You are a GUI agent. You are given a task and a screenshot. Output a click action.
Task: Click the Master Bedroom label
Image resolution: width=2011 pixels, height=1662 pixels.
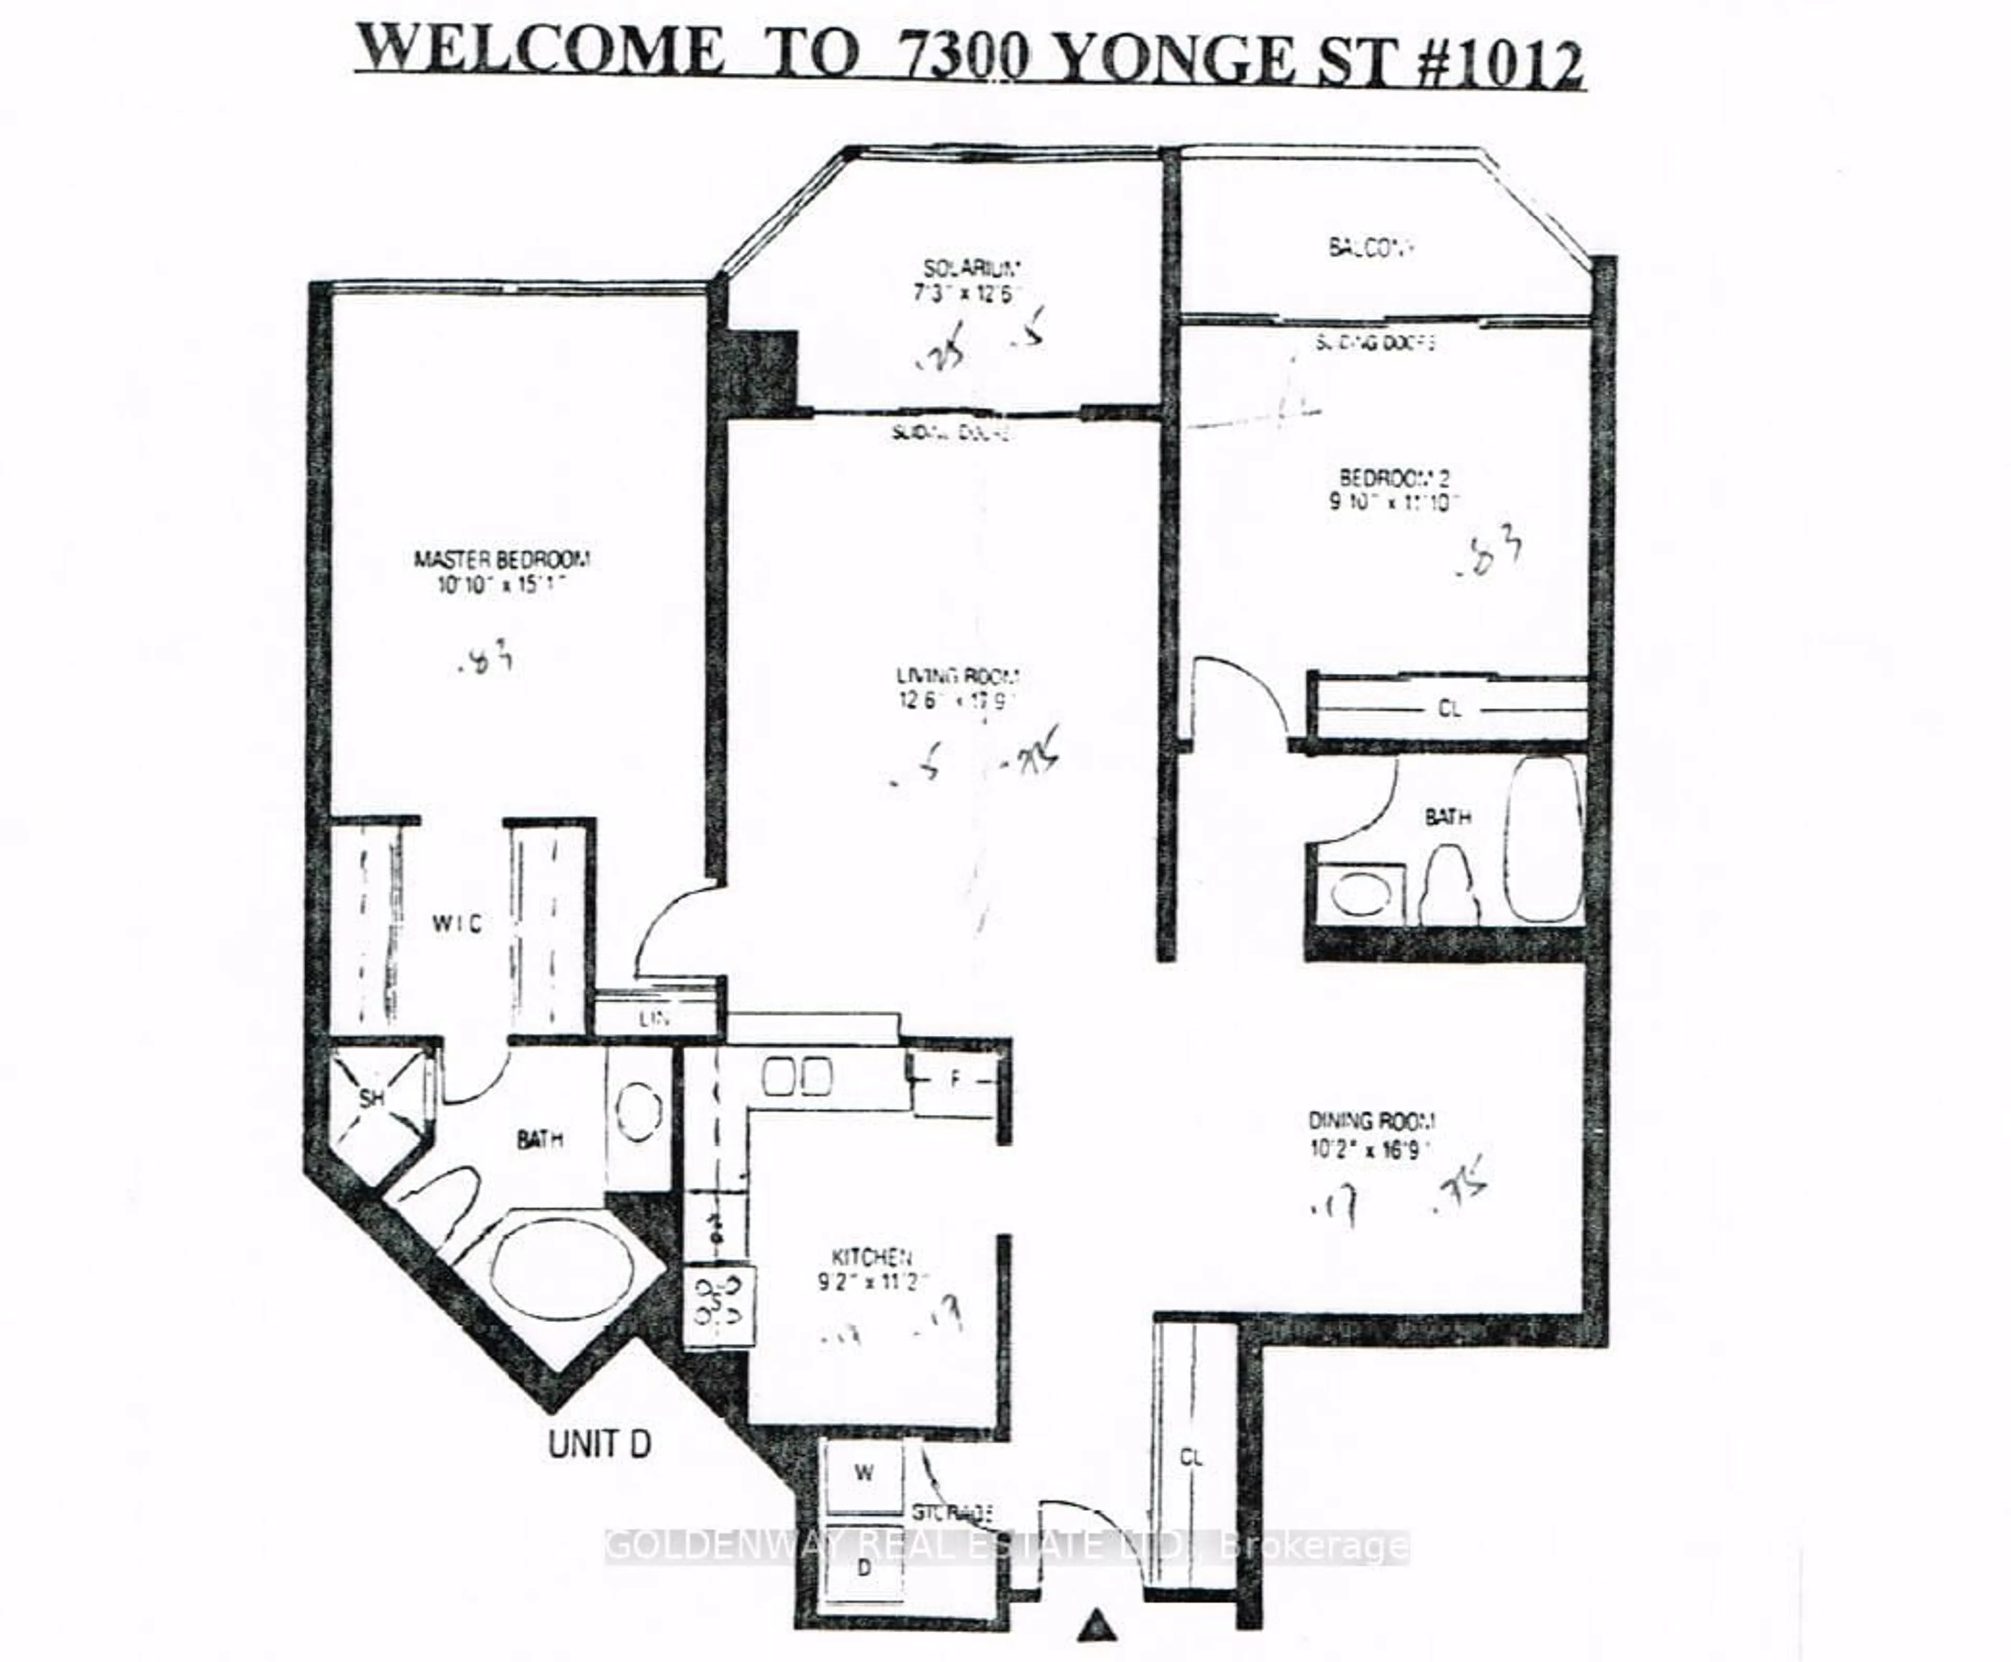click(502, 559)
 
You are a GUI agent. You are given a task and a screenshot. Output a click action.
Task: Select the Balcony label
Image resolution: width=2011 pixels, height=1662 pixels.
click(1372, 247)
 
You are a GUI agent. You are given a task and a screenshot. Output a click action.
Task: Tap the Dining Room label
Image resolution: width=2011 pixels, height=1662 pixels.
click(1372, 1120)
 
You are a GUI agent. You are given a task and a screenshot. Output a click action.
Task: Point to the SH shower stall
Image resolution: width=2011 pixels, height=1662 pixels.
click(371, 1098)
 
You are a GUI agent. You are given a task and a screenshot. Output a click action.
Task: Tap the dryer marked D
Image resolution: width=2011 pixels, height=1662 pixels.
click(864, 1568)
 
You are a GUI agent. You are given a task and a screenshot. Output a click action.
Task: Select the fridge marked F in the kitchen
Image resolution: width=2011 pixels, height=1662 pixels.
click(955, 1080)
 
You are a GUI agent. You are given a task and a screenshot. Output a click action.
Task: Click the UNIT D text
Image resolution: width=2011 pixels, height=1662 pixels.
click(600, 1444)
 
